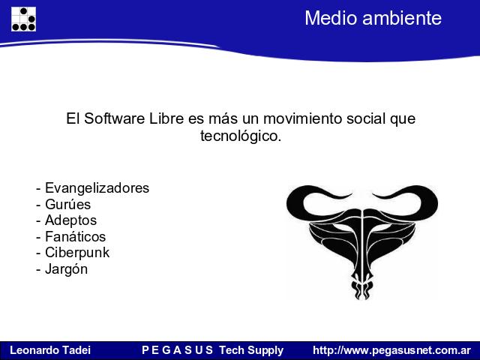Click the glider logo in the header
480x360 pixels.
point(23,19)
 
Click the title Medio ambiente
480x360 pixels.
point(373,18)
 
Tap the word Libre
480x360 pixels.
point(166,118)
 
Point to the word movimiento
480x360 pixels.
point(303,118)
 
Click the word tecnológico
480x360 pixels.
point(241,136)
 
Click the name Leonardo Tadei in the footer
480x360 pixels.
point(50,350)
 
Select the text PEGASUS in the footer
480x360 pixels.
point(177,350)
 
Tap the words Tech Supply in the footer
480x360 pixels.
point(251,350)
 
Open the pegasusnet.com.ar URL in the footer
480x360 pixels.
point(391,350)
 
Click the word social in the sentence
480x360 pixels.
point(366,118)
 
